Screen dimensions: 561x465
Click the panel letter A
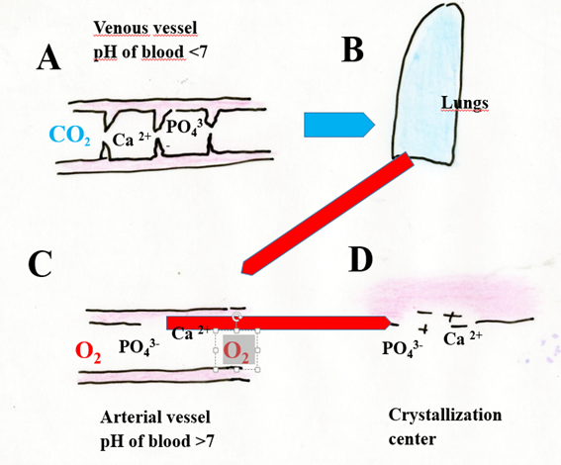(x=48, y=58)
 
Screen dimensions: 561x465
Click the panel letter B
(x=353, y=50)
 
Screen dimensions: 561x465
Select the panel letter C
(x=40, y=264)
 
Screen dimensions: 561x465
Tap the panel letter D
(x=360, y=260)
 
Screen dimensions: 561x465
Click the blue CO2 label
(x=70, y=136)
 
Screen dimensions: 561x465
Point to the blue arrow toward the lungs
(x=339, y=125)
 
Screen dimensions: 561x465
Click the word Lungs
(x=465, y=103)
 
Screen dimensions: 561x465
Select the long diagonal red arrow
(x=328, y=213)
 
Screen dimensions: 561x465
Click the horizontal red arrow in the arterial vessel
(x=278, y=323)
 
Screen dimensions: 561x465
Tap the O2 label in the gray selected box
(x=236, y=351)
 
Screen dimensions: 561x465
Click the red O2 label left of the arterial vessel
(x=88, y=352)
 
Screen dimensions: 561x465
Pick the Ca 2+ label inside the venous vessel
(x=132, y=139)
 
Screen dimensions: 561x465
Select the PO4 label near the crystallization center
(x=401, y=348)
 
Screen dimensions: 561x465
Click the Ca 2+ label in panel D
(x=463, y=338)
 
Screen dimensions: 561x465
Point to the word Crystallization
(x=445, y=416)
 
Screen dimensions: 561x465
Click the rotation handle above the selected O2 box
(x=236, y=317)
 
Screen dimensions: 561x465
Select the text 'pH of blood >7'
(x=157, y=441)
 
